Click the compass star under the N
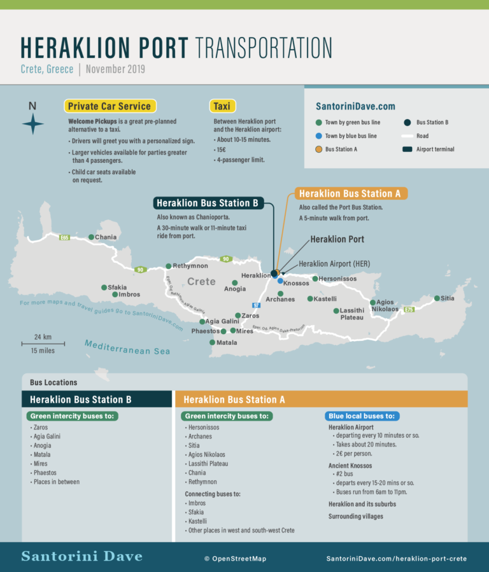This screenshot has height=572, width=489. tap(32, 125)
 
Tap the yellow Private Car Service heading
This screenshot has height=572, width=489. tap(110, 106)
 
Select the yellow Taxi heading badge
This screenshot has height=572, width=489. tap(222, 106)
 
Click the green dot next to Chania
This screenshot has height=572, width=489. tap(91, 237)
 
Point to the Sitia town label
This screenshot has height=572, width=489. tap(448, 298)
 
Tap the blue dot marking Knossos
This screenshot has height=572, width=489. tap(280, 281)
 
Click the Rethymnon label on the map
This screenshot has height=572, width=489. tap(192, 266)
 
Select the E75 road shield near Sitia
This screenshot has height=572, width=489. tap(409, 310)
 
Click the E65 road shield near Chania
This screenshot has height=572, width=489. tap(64, 238)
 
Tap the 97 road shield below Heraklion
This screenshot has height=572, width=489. tap(257, 305)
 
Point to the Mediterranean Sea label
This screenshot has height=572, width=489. tap(127, 347)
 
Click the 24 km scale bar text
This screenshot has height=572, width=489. tap(43, 337)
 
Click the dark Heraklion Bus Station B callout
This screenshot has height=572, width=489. tap(208, 203)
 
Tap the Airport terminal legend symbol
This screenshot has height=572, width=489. tap(407, 150)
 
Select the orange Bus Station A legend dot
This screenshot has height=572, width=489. tap(318, 150)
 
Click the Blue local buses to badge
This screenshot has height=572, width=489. tap(362, 416)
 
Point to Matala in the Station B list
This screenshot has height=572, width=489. tap(42, 454)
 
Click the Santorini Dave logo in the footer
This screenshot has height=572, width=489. tap(81, 557)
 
